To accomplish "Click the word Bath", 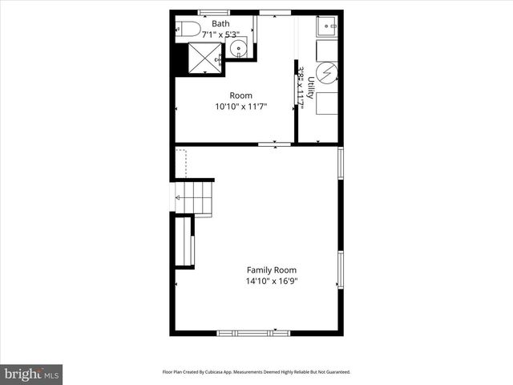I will pos(220,24).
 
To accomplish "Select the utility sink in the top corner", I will pos(327,26).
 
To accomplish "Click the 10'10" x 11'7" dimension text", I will pos(240,106).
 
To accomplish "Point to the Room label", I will pos(240,95).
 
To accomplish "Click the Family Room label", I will pos(271,270).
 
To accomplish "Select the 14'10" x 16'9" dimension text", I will pos(273,281).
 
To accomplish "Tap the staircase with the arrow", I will pos(194,198).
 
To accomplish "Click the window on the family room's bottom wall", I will pos(252,332).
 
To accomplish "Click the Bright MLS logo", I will pos(32,374).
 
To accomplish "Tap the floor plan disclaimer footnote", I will pos(256,372).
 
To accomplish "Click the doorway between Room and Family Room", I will pos(274,144).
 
